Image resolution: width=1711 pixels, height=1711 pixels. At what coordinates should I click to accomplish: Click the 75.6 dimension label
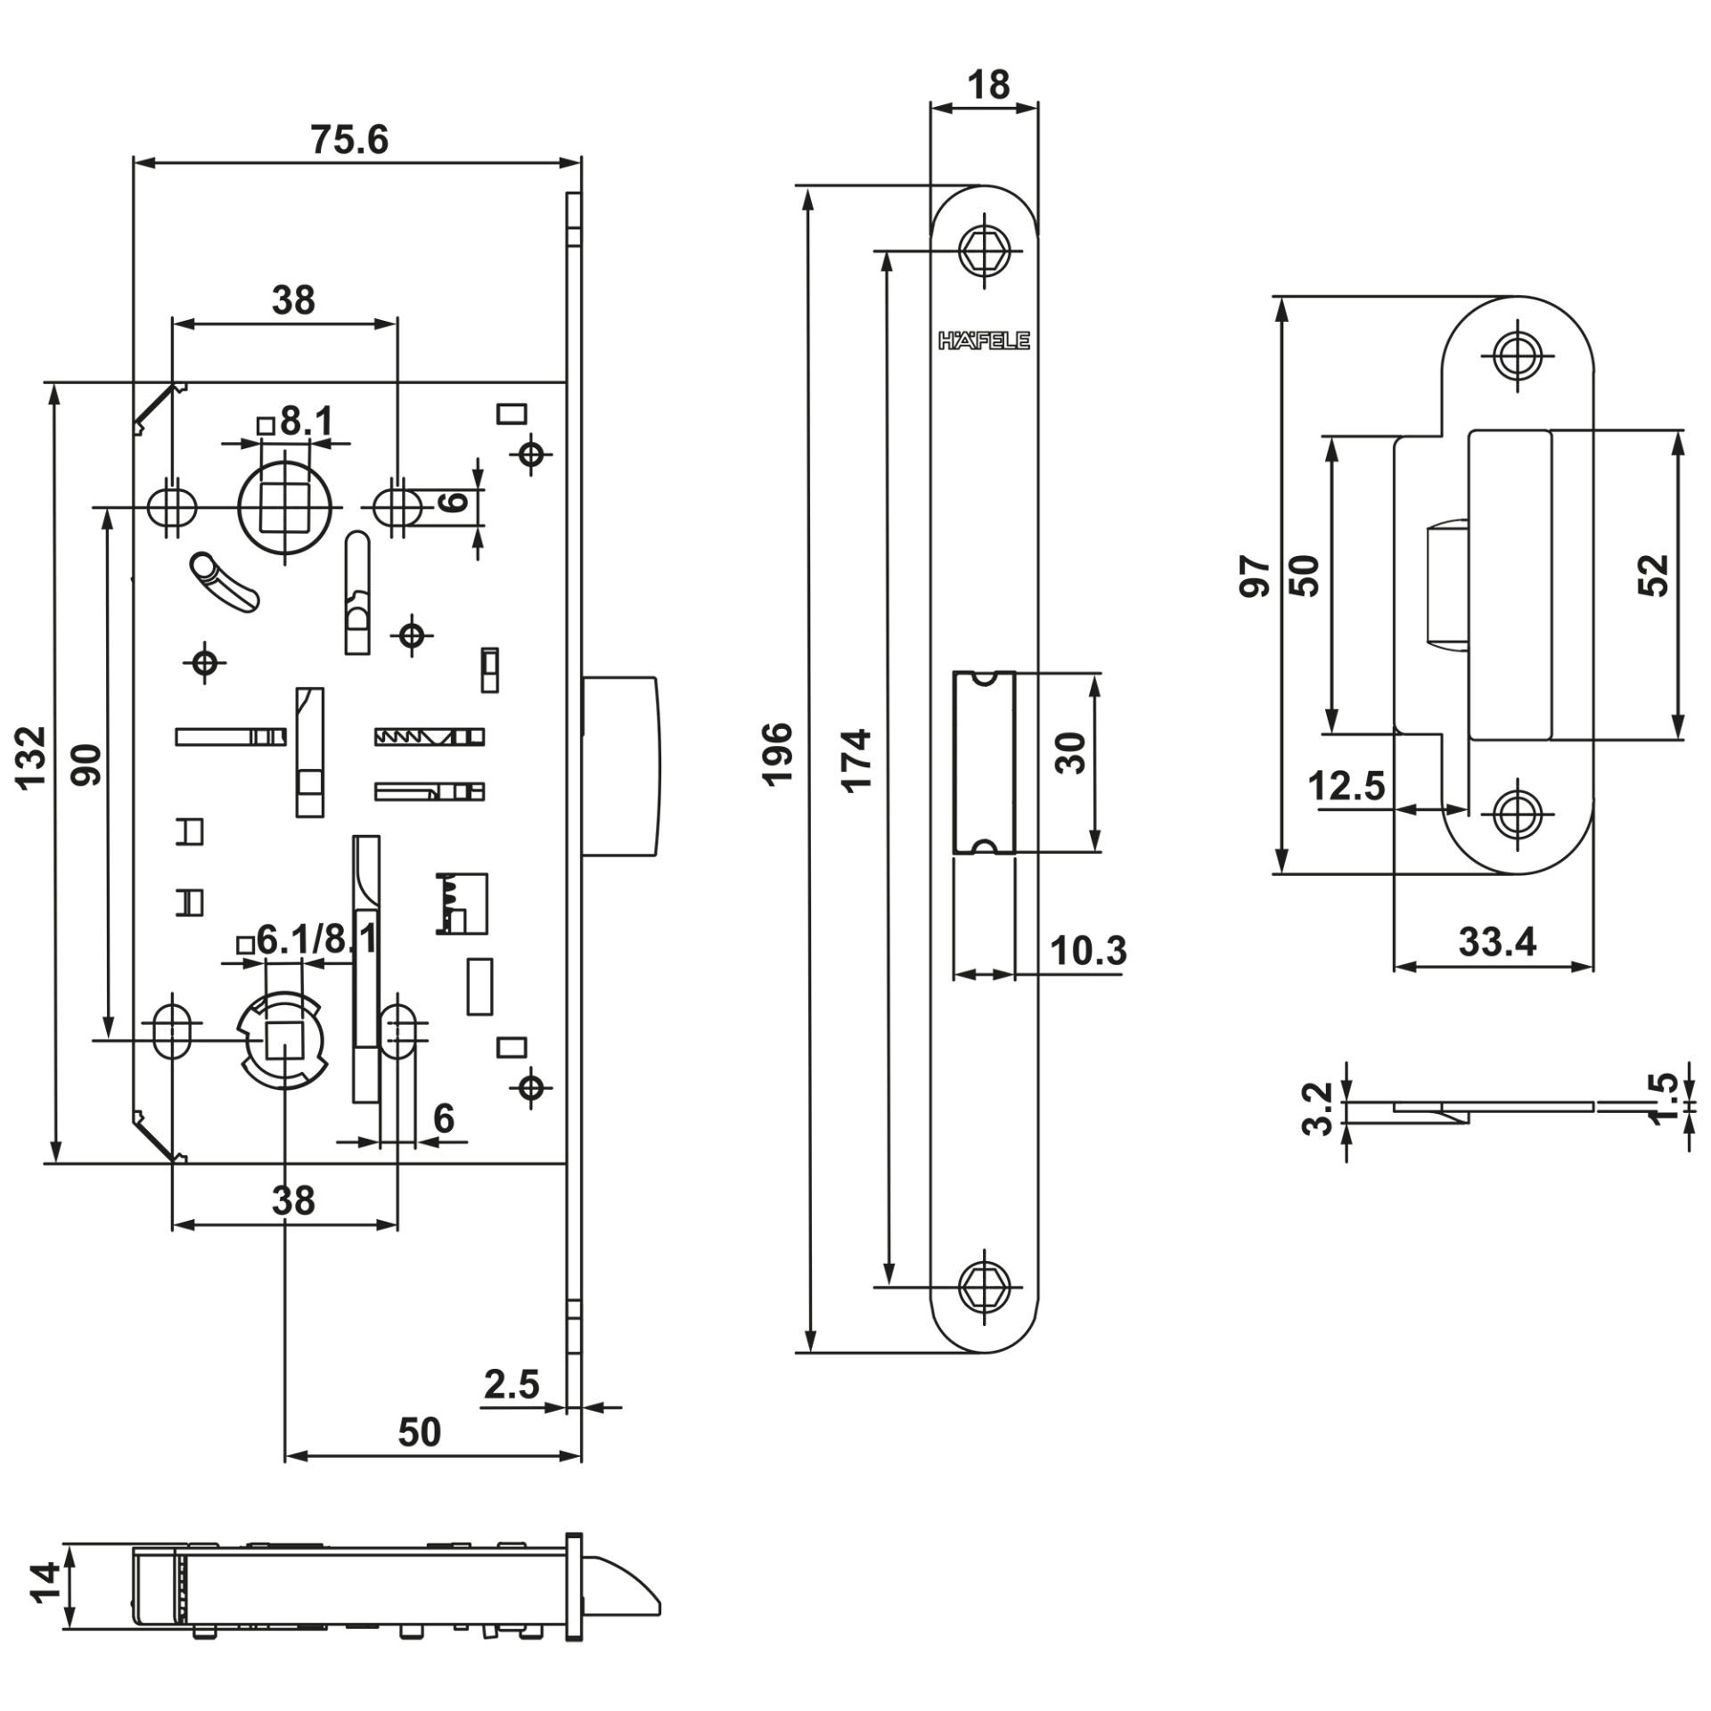click(349, 140)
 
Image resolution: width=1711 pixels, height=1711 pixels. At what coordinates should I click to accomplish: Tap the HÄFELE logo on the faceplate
click(984, 341)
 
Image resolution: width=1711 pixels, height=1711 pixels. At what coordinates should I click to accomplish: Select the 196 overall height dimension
click(778, 753)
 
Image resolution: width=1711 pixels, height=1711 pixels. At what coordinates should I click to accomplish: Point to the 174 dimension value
click(857, 759)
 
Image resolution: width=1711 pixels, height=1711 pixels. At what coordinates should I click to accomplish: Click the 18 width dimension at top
click(987, 85)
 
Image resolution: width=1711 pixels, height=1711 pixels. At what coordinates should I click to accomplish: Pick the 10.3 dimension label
click(1087, 951)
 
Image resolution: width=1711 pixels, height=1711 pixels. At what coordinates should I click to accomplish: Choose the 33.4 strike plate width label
click(1498, 942)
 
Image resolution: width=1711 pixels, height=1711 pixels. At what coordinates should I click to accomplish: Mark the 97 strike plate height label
click(1255, 577)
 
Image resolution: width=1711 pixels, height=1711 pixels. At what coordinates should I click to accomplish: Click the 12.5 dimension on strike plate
click(1347, 787)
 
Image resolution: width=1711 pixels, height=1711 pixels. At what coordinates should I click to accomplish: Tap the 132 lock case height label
click(32, 757)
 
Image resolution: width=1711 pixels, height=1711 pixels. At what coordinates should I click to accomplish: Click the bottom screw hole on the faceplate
click(984, 1285)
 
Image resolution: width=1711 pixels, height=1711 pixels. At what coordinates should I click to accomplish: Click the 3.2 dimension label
click(1317, 1109)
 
